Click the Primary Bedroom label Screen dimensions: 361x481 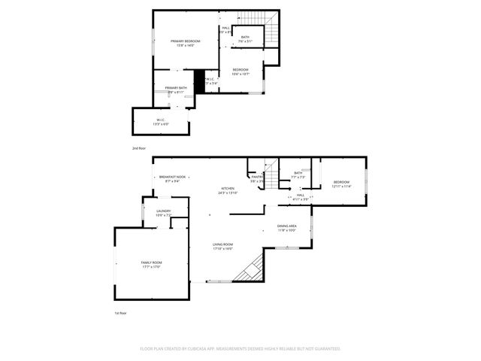(186, 43)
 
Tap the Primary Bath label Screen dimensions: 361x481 (177, 89)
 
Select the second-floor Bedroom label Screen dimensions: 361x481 (240, 71)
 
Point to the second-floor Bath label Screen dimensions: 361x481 (246, 38)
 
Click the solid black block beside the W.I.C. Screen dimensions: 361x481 (199, 80)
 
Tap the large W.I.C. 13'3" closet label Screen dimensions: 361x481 (160, 122)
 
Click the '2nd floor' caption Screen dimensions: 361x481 (140, 149)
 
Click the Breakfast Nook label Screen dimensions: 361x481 (172, 178)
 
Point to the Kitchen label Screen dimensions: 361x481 (228, 190)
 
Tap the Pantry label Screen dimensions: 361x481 (257, 179)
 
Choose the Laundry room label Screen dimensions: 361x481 (163, 213)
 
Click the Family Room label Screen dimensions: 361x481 (151, 264)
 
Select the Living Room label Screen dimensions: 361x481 (222, 246)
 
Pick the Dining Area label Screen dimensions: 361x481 (287, 228)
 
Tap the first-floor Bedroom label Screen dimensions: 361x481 (342, 184)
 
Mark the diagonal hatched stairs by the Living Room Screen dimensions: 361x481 (250, 268)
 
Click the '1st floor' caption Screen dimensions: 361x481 (120, 312)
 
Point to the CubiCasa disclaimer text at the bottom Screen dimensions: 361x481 (240, 349)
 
